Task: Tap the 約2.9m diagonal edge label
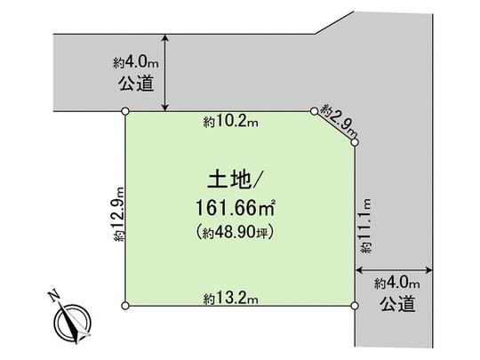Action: [x=338, y=116]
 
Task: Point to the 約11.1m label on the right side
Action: [x=364, y=228]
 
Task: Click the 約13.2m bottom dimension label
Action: [x=229, y=296]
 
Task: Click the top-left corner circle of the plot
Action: [x=125, y=111]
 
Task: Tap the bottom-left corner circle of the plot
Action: [x=125, y=307]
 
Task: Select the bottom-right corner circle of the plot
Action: [x=355, y=307]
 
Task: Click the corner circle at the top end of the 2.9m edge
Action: [x=314, y=111]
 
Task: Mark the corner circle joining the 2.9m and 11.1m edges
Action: [x=355, y=141]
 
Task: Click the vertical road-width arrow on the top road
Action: [x=166, y=74]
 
